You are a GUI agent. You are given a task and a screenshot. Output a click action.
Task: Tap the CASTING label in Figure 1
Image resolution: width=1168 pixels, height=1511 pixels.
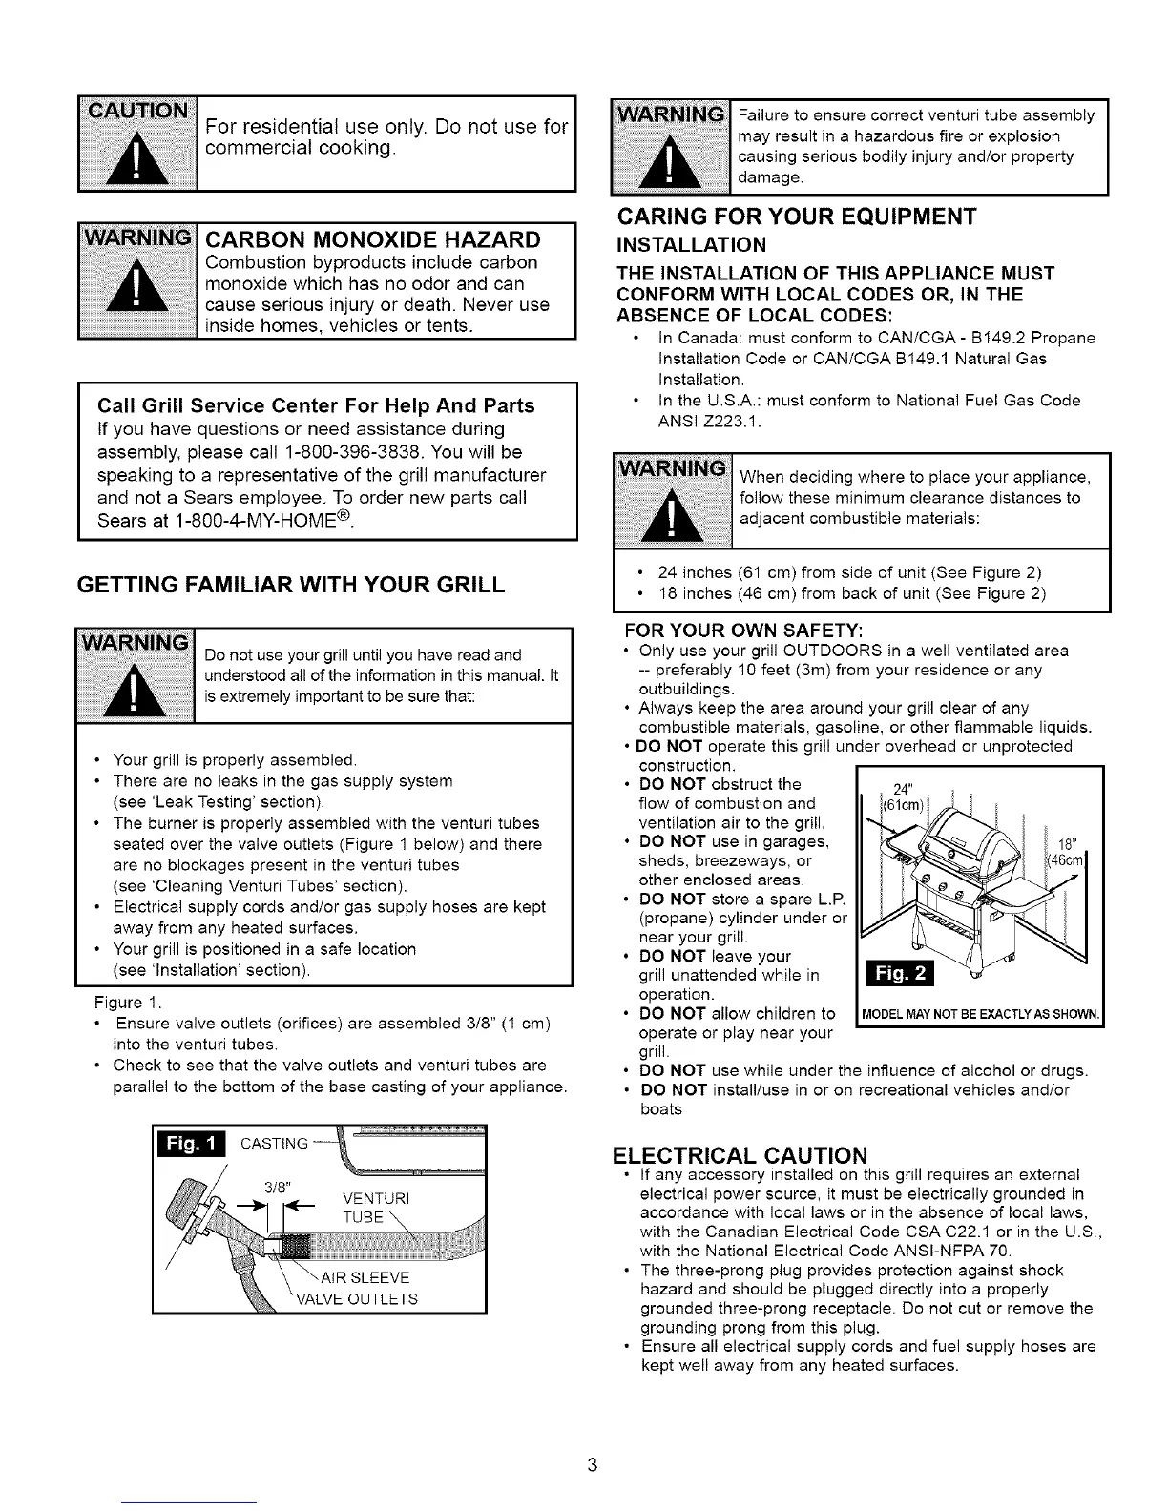point(274,1144)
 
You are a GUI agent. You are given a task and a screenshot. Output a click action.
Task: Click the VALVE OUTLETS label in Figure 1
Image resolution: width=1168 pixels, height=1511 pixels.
point(358,1298)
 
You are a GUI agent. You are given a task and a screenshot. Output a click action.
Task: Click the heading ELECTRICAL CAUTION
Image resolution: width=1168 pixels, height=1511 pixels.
point(740,1155)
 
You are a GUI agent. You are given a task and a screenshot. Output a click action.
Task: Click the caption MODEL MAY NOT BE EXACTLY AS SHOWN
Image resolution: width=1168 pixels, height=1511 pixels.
point(981,1013)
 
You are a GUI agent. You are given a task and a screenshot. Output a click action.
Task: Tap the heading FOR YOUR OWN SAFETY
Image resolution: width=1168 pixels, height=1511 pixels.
point(743,631)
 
